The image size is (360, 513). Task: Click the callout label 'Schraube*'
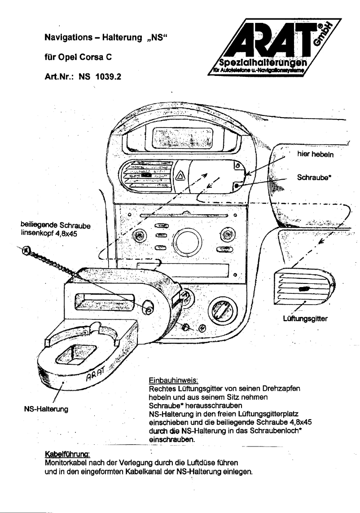(314, 177)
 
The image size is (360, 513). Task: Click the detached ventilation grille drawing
(305, 284)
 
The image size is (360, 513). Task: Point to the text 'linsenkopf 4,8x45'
(50, 232)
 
